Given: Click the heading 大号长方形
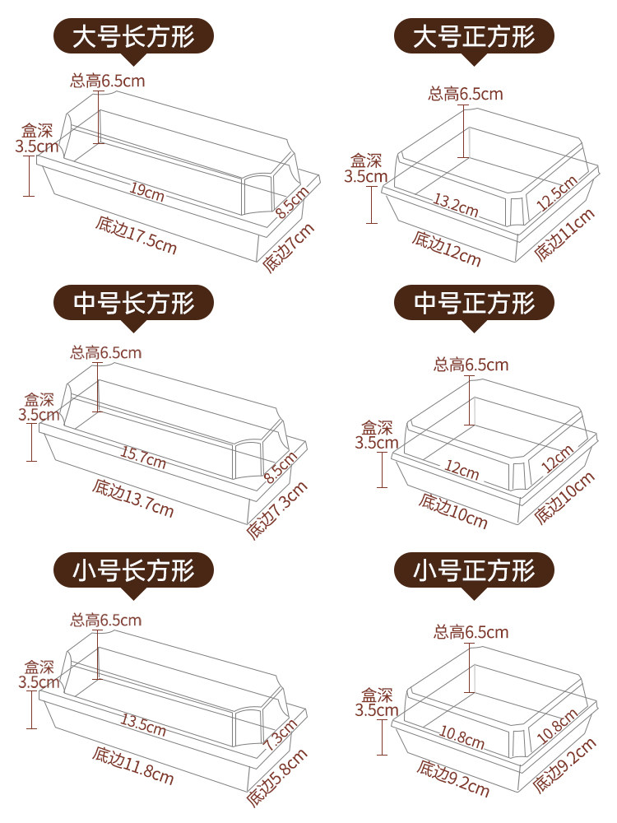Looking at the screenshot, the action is [134, 37].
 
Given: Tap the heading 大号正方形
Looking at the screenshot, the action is [474, 37].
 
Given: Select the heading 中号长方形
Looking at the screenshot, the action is [134, 304].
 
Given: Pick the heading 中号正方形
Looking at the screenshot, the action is [474, 304].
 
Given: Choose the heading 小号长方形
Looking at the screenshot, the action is [134, 569].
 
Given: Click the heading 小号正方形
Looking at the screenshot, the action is [474, 569].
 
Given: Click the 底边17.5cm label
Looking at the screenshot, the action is [136, 234].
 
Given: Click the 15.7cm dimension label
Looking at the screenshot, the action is [143, 457].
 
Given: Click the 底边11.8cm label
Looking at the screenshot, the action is [132, 765].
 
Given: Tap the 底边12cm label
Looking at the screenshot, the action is [447, 249].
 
